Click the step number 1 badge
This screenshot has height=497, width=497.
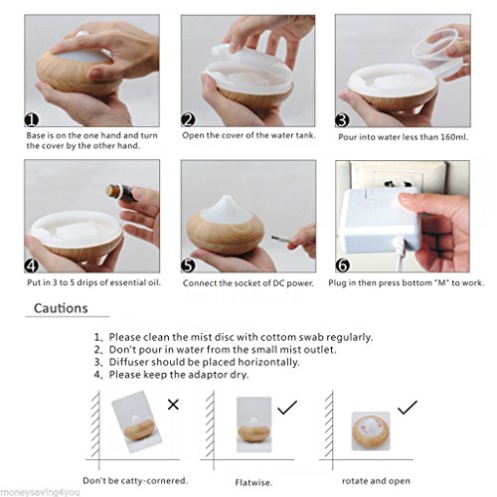[x=32, y=120]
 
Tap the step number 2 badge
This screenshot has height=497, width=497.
[x=188, y=119]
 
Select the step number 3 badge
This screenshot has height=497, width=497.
[x=342, y=120]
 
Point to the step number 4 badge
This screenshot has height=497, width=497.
[x=32, y=265]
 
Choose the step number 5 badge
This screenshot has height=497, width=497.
[x=188, y=265]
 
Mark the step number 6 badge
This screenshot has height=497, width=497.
[x=343, y=265]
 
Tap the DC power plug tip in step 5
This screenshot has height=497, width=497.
[x=277, y=239]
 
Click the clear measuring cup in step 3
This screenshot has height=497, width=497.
[x=436, y=53]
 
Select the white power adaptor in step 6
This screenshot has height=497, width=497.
[x=381, y=219]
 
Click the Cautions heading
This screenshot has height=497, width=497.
[x=61, y=308]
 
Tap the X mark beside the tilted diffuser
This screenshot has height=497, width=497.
[x=173, y=405]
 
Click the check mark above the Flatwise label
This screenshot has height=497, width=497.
[x=287, y=408]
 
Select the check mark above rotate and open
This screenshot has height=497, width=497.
[x=408, y=408]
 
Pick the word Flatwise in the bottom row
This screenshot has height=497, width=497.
[x=253, y=482]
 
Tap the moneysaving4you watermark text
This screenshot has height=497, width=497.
[x=40, y=492]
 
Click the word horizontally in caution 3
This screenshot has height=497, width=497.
[x=268, y=362]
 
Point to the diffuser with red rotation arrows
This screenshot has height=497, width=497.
[x=371, y=431]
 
